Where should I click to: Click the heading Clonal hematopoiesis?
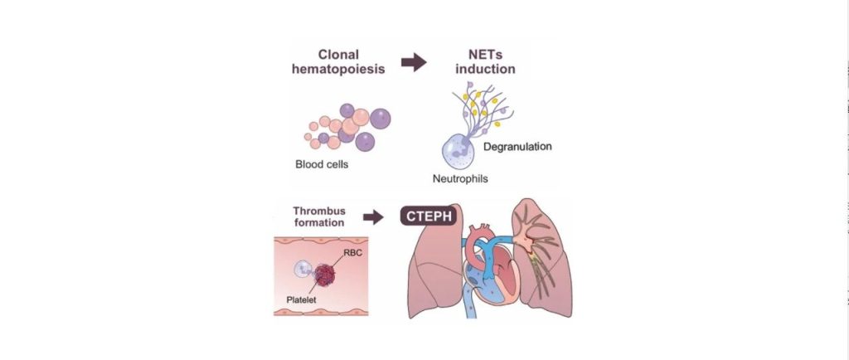point(338,61)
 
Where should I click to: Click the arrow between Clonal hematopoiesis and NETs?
point(414,62)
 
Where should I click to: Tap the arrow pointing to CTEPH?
point(373,217)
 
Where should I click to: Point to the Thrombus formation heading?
point(318,216)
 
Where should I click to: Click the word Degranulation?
point(517,147)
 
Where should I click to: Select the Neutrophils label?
point(460,178)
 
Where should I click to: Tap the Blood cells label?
point(322,164)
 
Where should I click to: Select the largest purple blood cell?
point(380,119)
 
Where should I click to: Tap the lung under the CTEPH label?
point(435,265)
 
